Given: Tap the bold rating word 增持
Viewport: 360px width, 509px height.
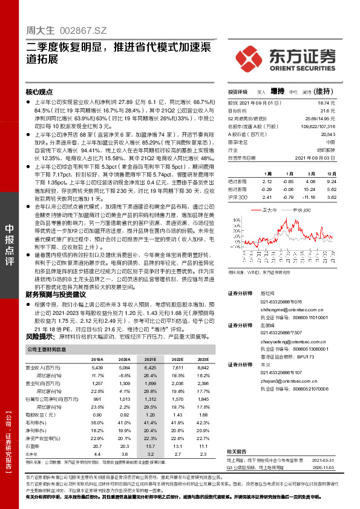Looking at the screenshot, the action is click(x=277, y=92).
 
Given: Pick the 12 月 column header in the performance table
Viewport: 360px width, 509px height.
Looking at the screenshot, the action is click(x=330, y=173).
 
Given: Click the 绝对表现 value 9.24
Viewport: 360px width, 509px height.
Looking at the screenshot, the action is click(x=330, y=181).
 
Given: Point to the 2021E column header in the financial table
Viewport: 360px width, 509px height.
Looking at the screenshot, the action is click(x=150, y=359).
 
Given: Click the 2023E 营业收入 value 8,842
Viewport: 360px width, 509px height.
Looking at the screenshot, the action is click(x=202, y=367).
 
